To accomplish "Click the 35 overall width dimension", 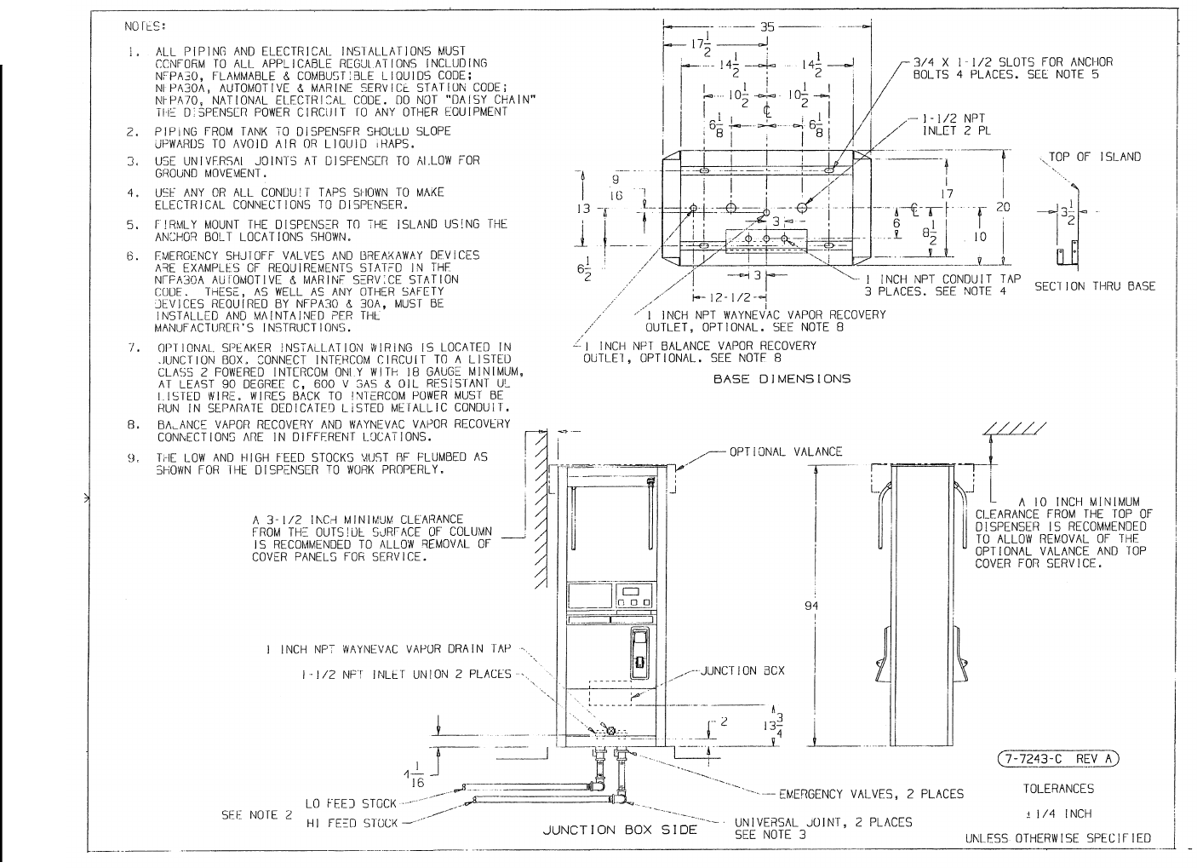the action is click(x=767, y=26).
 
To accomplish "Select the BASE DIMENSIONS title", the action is click(x=782, y=379).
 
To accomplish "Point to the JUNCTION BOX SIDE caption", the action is click(x=620, y=830).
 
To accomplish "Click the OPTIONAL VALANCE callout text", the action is click(x=786, y=452).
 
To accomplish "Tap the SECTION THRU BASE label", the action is click(x=1095, y=286).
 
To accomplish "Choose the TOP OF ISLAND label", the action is click(x=1095, y=157).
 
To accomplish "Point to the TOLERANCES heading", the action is click(x=1058, y=789).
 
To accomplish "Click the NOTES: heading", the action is click(x=146, y=26).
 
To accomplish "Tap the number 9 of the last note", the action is click(x=133, y=457).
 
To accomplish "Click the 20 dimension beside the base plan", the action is click(x=1003, y=208).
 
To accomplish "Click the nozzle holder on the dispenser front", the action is click(x=639, y=654).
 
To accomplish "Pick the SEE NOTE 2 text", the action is click(x=257, y=814).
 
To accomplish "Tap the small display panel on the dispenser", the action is click(x=632, y=595).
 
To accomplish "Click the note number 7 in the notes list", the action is click(x=133, y=348).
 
